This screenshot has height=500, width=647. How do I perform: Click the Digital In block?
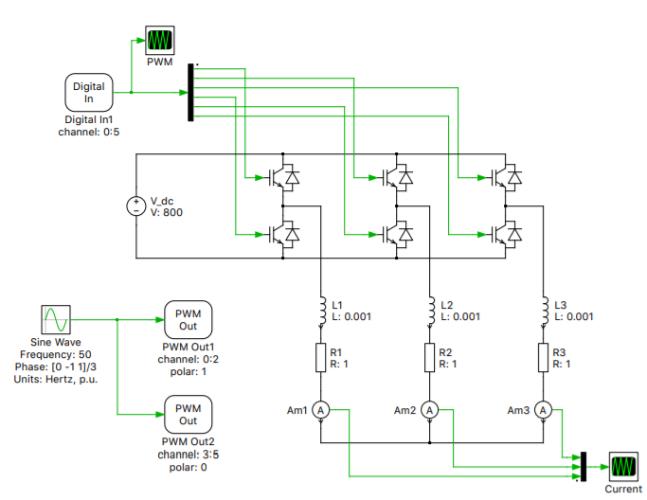pyautogui.click(x=89, y=93)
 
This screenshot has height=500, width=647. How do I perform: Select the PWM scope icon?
pyautogui.click(x=158, y=40)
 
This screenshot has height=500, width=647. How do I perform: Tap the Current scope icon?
pyautogui.click(x=622, y=467)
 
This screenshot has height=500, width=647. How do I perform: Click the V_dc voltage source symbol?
pyautogui.click(x=136, y=205)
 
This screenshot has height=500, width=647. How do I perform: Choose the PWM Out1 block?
pyautogui.click(x=189, y=319)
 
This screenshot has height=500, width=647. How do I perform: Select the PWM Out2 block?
pyautogui.click(x=189, y=414)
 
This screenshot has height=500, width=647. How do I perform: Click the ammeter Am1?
pyautogui.click(x=320, y=410)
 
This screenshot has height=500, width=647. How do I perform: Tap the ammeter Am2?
pyautogui.click(x=430, y=410)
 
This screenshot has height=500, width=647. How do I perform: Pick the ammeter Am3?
pyautogui.click(x=543, y=410)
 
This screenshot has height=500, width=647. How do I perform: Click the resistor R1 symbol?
pyautogui.click(x=320, y=357)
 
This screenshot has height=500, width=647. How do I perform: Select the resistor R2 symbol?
pyautogui.click(x=430, y=357)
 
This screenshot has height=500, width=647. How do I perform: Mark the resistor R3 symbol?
pyautogui.click(x=543, y=357)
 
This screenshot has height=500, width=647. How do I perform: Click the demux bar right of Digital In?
pyautogui.click(x=191, y=93)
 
